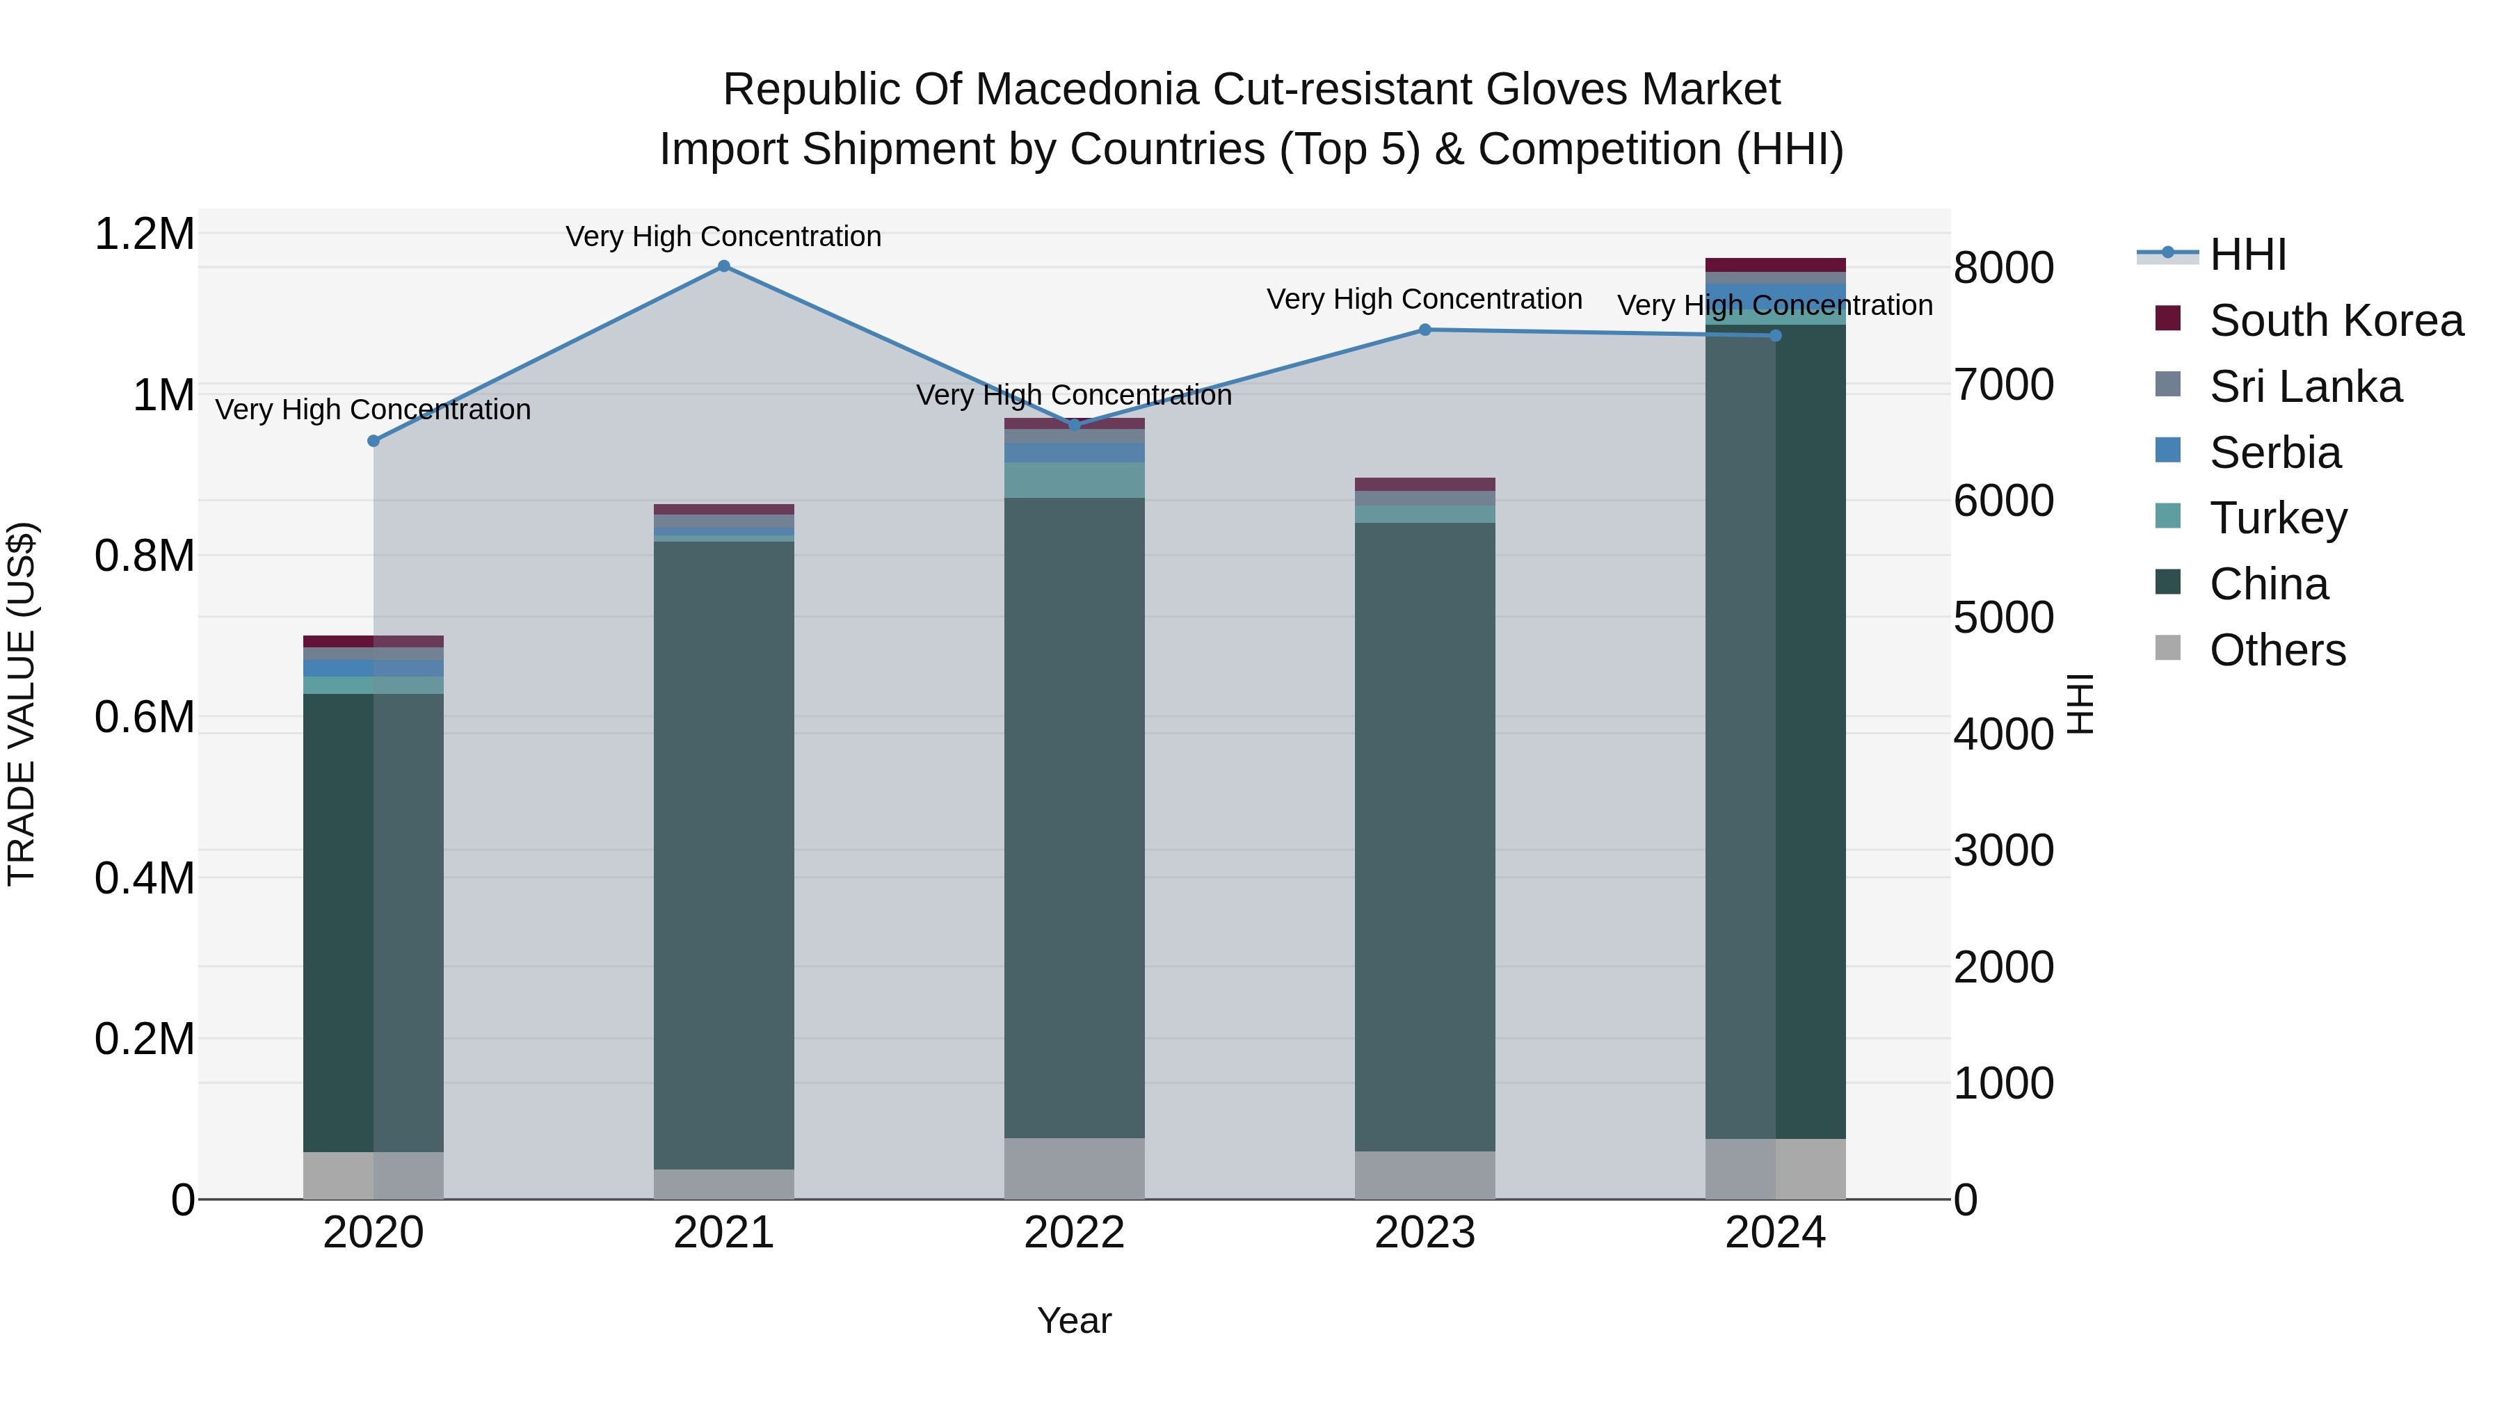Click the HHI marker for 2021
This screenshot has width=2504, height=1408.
(723, 266)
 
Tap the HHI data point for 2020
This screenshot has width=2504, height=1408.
(374, 441)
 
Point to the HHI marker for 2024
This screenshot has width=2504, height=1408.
(1775, 335)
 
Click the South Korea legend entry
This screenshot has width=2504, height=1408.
(2336, 321)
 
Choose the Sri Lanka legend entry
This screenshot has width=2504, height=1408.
(2305, 387)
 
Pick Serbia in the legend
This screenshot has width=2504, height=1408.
(2274, 453)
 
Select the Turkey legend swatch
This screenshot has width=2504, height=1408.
(2167, 517)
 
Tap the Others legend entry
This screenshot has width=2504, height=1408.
(2277, 650)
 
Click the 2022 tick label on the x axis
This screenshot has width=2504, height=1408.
(1074, 1233)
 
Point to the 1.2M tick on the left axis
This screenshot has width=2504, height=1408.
(144, 234)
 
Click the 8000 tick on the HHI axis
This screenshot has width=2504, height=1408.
(2003, 268)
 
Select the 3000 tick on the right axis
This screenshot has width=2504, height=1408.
(2003, 851)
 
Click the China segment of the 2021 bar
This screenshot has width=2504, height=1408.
(723, 855)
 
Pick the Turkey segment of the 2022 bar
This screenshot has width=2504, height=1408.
(1074, 480)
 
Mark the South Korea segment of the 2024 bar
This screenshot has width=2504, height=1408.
(1775, 266)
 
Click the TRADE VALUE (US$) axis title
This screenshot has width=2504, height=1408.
(22, 704)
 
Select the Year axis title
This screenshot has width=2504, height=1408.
(1074, 1320)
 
